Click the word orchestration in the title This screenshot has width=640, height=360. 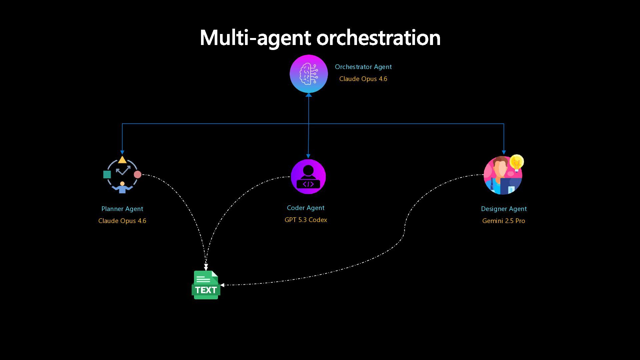click(378, 37)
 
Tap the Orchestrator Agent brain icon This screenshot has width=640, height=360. click(309, 74)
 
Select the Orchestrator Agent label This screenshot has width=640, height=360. click(363, 67)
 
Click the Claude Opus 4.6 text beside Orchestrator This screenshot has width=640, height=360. click(363, 79)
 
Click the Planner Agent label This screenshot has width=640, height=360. click(122, 209)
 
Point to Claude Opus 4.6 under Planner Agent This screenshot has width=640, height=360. click(122, 221)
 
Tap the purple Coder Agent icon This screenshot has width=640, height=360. click(308, 177)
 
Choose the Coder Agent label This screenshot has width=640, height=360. click(305, 208)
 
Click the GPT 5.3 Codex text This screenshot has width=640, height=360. click(306, 220)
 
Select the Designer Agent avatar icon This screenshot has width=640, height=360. click(503, 175)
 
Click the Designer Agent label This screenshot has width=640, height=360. click(504, 209)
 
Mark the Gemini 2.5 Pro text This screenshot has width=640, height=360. click(503, 221)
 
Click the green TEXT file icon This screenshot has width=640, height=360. click(206, 285)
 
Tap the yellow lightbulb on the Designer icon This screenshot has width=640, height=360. click(516, 162)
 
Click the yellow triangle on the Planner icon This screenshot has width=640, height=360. click(122, 160)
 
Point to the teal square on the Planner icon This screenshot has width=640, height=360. click(107, 174)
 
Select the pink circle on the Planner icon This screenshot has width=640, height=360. click(137, 174)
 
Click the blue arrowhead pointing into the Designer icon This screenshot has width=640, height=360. click(504, 152)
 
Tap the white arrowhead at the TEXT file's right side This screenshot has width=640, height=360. click(222, 285)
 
